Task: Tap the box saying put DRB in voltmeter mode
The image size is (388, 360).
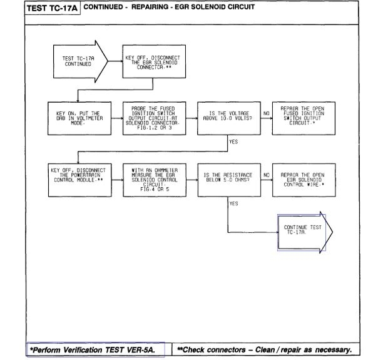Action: click(78, 117)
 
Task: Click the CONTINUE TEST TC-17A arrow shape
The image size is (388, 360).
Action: click(304, 231)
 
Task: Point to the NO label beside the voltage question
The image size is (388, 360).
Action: click(266, 114)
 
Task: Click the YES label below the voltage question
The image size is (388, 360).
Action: click(233, 142)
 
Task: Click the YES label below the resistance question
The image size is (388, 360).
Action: click(233, 203)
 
